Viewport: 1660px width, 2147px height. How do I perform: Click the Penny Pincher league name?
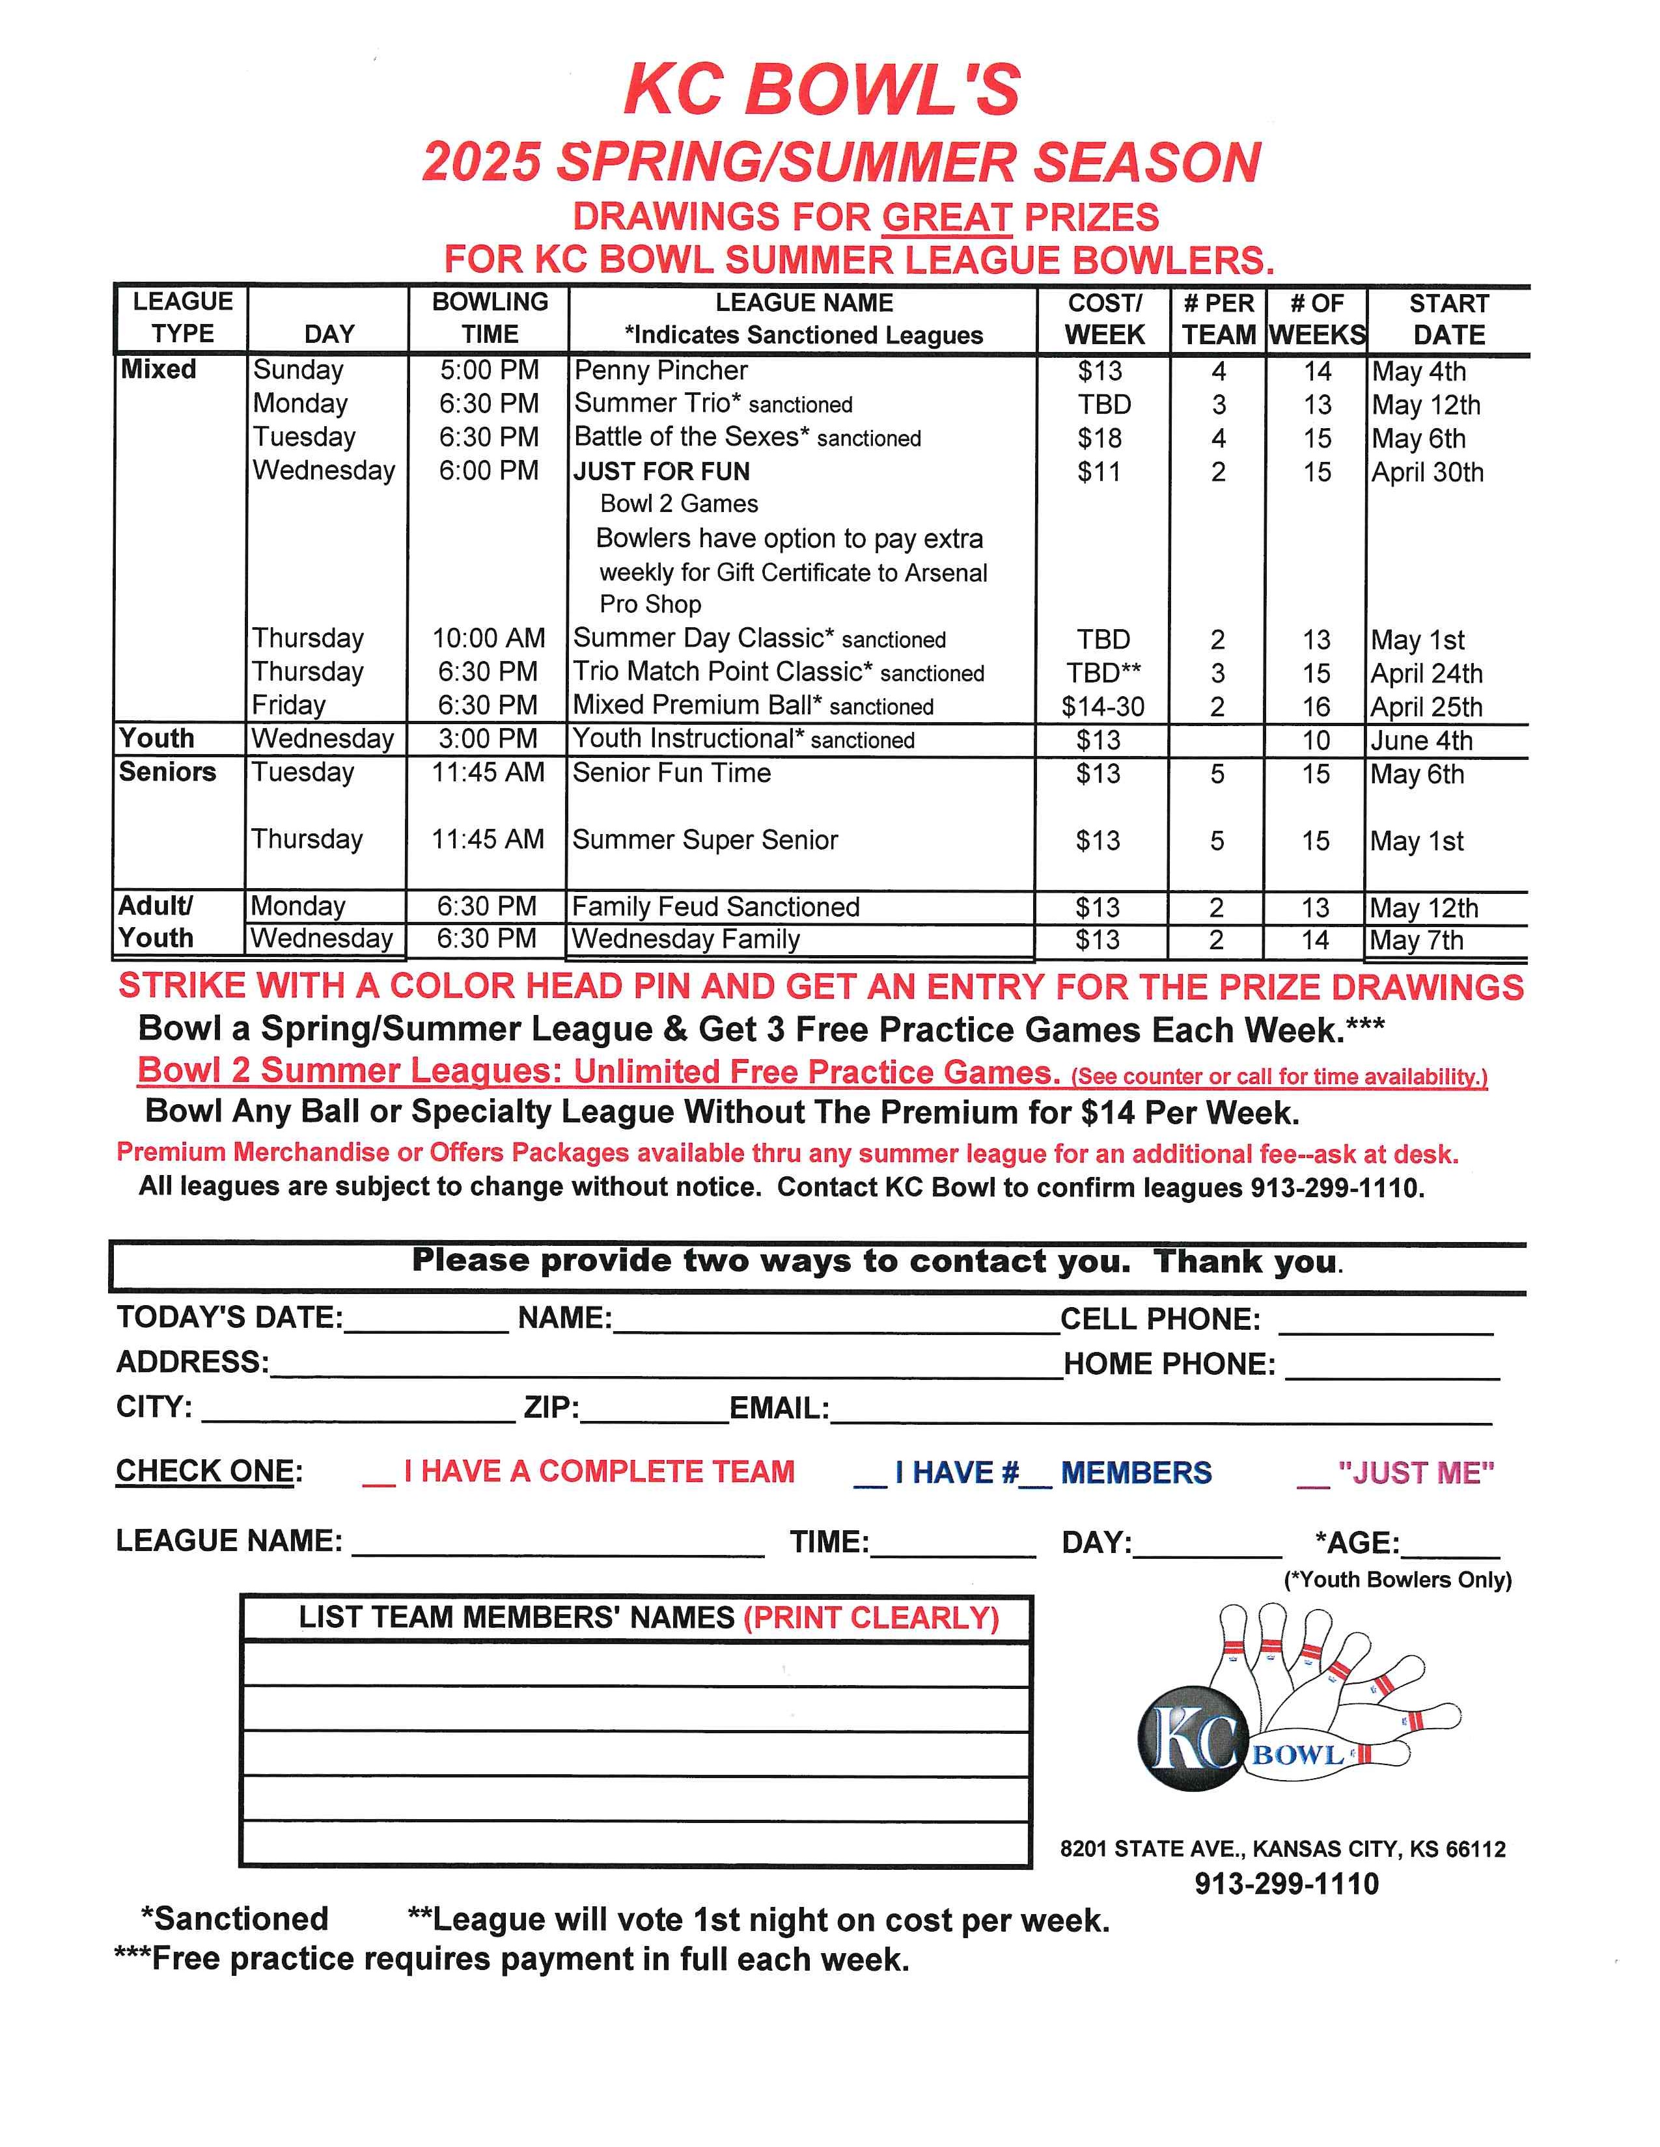[x=661, y=371]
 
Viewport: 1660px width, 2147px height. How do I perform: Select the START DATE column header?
[x=1448, y=319]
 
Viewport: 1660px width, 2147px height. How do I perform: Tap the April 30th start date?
[x=1427, y=472]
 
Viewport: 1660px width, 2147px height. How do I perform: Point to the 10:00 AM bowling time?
[x=489, y=638]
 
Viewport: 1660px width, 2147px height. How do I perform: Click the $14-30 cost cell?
[x=1102, y=706]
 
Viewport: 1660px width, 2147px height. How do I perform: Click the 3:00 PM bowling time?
[x=489, y=738]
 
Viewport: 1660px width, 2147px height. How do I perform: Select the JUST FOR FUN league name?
[x=662, y=472]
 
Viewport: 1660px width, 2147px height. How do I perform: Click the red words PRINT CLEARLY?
[x=870, y=1617]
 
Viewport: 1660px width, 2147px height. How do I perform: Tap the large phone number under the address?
[x=1286, y=1884]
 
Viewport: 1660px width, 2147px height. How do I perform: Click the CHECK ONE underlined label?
[x=204, y=1470]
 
